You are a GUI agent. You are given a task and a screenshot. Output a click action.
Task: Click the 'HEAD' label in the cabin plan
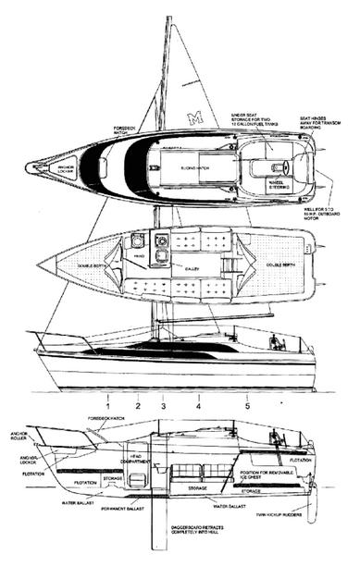(138, 256)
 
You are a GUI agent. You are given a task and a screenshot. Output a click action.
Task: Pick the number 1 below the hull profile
(108, 404)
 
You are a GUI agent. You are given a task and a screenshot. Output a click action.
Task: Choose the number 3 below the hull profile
(163, 404)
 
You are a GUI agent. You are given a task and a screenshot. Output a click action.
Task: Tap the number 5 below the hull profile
(247, 404)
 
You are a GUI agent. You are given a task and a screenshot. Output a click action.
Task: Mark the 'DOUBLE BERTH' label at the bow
(83, 262)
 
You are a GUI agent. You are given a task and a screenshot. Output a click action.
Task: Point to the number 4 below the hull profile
(198, 404)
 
